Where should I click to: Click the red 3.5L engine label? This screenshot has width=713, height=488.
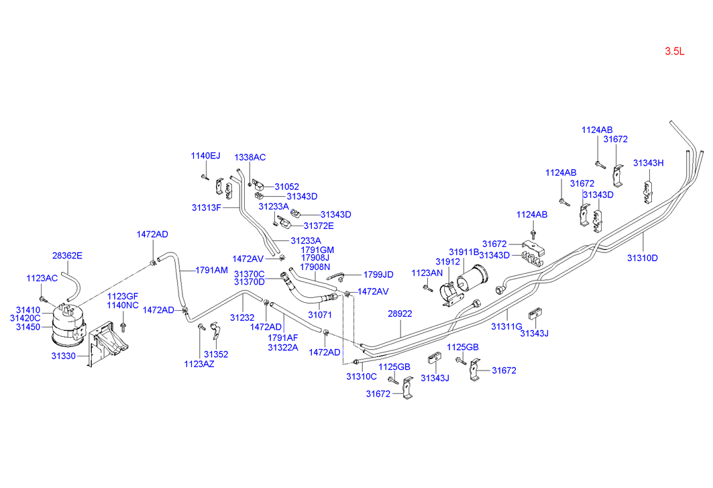(x=674, y=52)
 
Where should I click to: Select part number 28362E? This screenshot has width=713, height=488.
(x=67, y=256)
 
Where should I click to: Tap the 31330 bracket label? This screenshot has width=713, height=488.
(x=63, y=356)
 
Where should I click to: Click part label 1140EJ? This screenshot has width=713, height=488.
(x=205, y=156)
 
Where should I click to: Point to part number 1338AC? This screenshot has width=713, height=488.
(x=250, y=157)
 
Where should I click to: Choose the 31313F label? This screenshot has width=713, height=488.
(x=207, y=207)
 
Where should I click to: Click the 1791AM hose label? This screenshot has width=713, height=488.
(x=211, y=270)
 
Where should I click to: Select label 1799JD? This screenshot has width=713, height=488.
(x=378, y=275)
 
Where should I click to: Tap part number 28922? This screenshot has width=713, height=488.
(x=400, y=313)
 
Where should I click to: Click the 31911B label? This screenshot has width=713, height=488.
(x=464, y=252)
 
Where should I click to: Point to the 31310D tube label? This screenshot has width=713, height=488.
(x=643, y=258)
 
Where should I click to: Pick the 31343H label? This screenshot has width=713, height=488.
(x=649, y=163)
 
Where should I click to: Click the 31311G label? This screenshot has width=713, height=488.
(x=506, y=326)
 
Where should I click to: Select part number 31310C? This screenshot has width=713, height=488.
(x=362, y=377)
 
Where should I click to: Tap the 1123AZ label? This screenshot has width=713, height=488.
(x=199, y=364)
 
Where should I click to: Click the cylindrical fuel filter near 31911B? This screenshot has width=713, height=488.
(x=472, y=276)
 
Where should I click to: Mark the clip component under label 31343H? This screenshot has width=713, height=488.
(x=647, y=192)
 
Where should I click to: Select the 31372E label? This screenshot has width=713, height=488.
(x=319, y=226)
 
